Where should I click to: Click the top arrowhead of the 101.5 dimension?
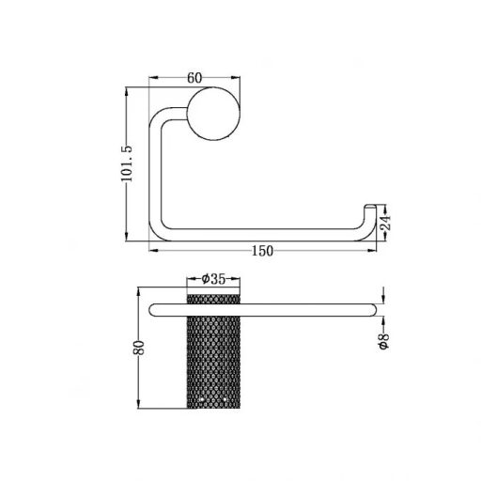pyautogui.click(x=129, y=92)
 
